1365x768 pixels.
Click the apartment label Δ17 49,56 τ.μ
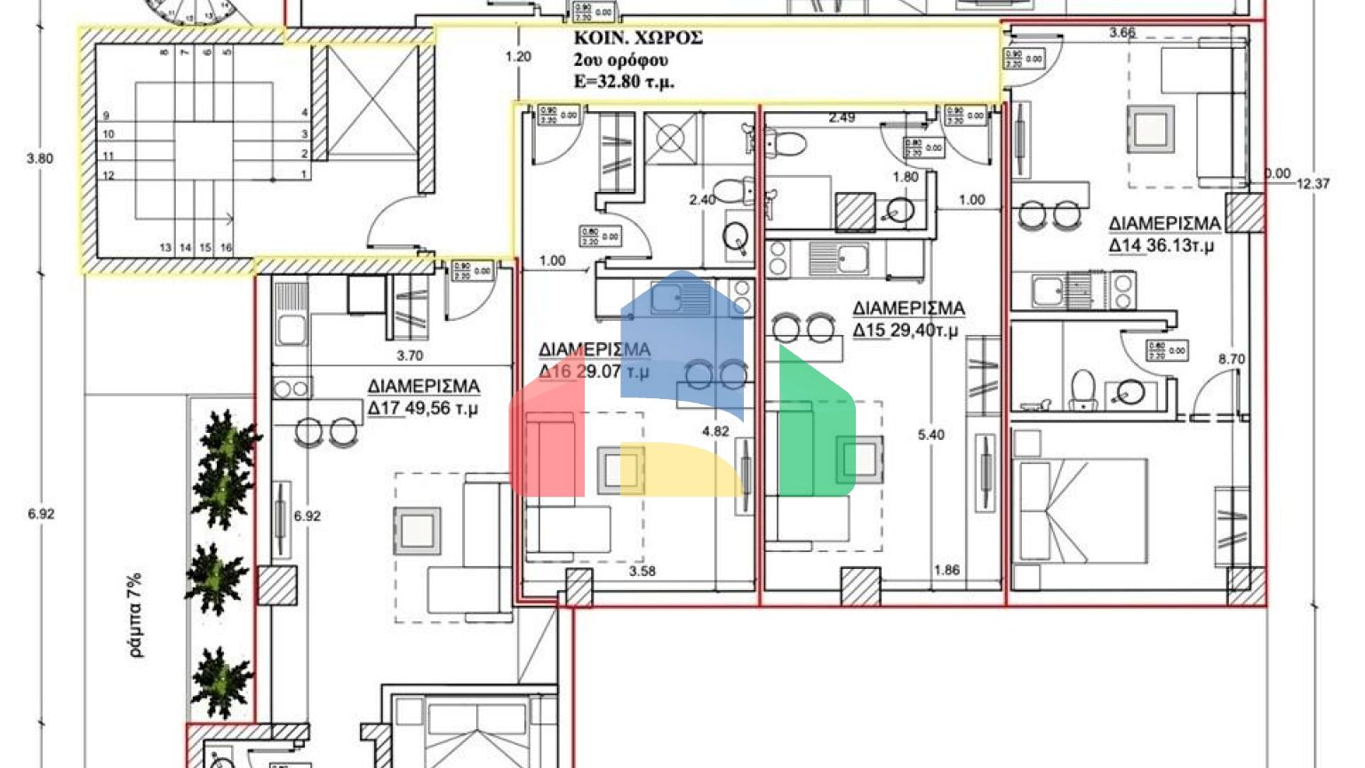424,397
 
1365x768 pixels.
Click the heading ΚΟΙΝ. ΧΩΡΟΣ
637,38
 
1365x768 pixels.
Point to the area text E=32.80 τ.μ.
623,82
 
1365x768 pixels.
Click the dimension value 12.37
1313,184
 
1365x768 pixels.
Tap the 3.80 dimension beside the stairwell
40,159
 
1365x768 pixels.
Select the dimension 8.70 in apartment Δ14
1231,359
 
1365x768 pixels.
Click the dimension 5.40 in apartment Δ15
930,435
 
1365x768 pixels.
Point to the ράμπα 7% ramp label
135,614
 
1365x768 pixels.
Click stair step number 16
226,247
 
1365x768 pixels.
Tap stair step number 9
107,116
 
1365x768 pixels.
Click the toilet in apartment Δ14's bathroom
1082,389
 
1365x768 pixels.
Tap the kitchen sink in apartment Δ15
840,259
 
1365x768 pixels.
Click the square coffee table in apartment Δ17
417,531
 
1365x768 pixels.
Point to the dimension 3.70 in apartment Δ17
409,356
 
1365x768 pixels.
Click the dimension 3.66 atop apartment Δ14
1122,33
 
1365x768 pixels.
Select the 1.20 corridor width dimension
517,57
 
